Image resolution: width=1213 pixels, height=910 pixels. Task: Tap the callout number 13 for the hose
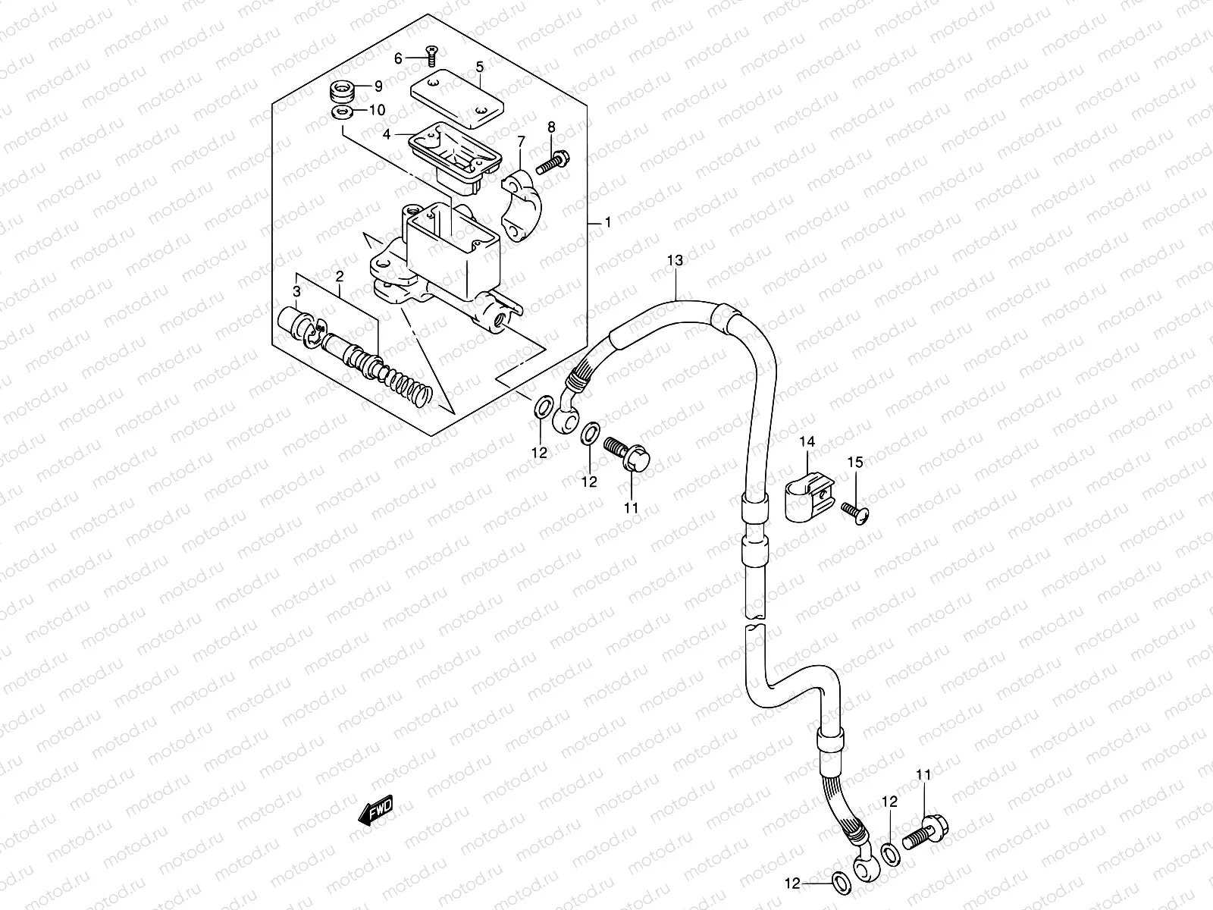pos(675,260)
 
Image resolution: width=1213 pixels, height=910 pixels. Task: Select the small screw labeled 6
pos(432,55)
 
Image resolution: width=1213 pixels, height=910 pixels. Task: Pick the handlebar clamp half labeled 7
pos(530,206)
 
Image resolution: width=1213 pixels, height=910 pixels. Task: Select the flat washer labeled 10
pos(342,114)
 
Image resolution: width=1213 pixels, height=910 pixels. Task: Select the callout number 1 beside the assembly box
pos(606,223)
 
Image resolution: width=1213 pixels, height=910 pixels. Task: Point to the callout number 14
pos(804,441)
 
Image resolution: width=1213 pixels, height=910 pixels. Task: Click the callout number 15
pos(855,462)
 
